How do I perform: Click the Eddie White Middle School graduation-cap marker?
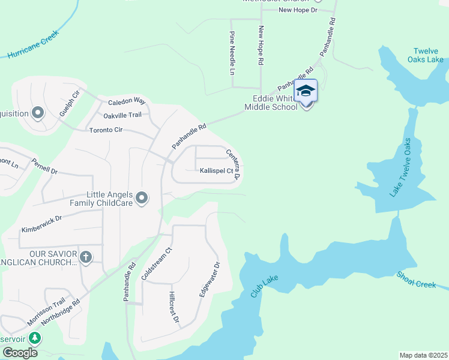tap(306, 91)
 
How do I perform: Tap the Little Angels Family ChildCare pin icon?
tap(142, 197)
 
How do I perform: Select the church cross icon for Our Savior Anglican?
tap(86, 257)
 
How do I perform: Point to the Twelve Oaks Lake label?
tap(428, 55)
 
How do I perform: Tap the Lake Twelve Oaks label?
tap(400, 167)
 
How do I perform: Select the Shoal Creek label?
tap(416, 280)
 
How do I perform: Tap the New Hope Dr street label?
tap(297, 10)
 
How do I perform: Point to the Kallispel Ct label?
tap(216, 171)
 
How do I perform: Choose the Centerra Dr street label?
tap(234, 164)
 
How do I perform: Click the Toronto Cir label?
tap(106, 130)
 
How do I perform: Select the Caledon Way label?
tap(127, 101)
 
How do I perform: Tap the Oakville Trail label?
tap(122, 115)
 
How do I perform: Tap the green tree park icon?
tap(35, 338)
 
